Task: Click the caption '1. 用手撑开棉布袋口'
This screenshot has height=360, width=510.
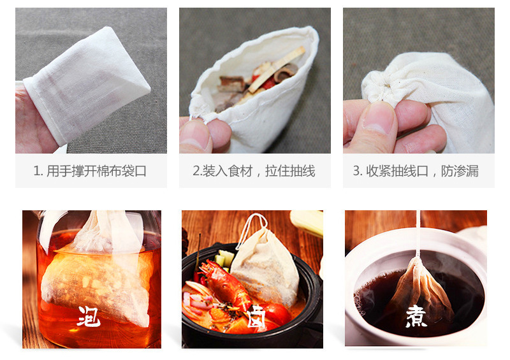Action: (90, 171)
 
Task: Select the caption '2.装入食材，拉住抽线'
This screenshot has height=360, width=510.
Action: (254, 171)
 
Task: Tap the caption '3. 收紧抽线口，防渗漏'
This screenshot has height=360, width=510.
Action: (416, 171)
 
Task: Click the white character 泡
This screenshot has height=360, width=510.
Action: (89, 316)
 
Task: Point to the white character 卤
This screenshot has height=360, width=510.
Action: (256, 316)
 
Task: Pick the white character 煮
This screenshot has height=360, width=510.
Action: (416, 316)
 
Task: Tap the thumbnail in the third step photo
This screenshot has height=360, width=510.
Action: (379, 118)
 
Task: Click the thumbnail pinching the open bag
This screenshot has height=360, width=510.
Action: (194, 134)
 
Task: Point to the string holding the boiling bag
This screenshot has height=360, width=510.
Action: (418, 234)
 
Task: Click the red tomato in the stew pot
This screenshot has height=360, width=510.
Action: (277, 314)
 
